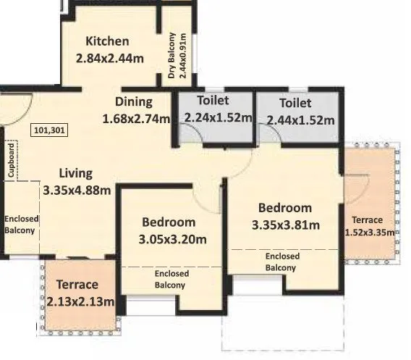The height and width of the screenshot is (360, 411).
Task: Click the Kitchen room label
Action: point(107,41)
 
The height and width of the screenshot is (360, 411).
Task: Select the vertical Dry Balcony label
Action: point(177,55)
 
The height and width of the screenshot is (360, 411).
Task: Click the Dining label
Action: point(133,101)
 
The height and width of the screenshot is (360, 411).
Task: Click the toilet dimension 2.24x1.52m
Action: point(217,118)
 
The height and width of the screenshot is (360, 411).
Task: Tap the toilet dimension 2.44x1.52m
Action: point(300,120)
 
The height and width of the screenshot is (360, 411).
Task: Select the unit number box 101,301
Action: point(48,131)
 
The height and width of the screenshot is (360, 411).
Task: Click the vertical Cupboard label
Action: point(11,161)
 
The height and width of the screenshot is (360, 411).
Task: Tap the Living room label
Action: point(75,174)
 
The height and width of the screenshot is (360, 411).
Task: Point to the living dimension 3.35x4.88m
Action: point(77,191)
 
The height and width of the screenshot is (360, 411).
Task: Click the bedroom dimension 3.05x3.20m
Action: point(173,239)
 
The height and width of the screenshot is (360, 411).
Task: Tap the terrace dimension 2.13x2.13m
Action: point(81,301)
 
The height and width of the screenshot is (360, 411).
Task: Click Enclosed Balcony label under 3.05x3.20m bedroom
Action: point(171,279)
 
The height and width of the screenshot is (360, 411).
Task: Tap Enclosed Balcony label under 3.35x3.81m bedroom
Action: point(281,262)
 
